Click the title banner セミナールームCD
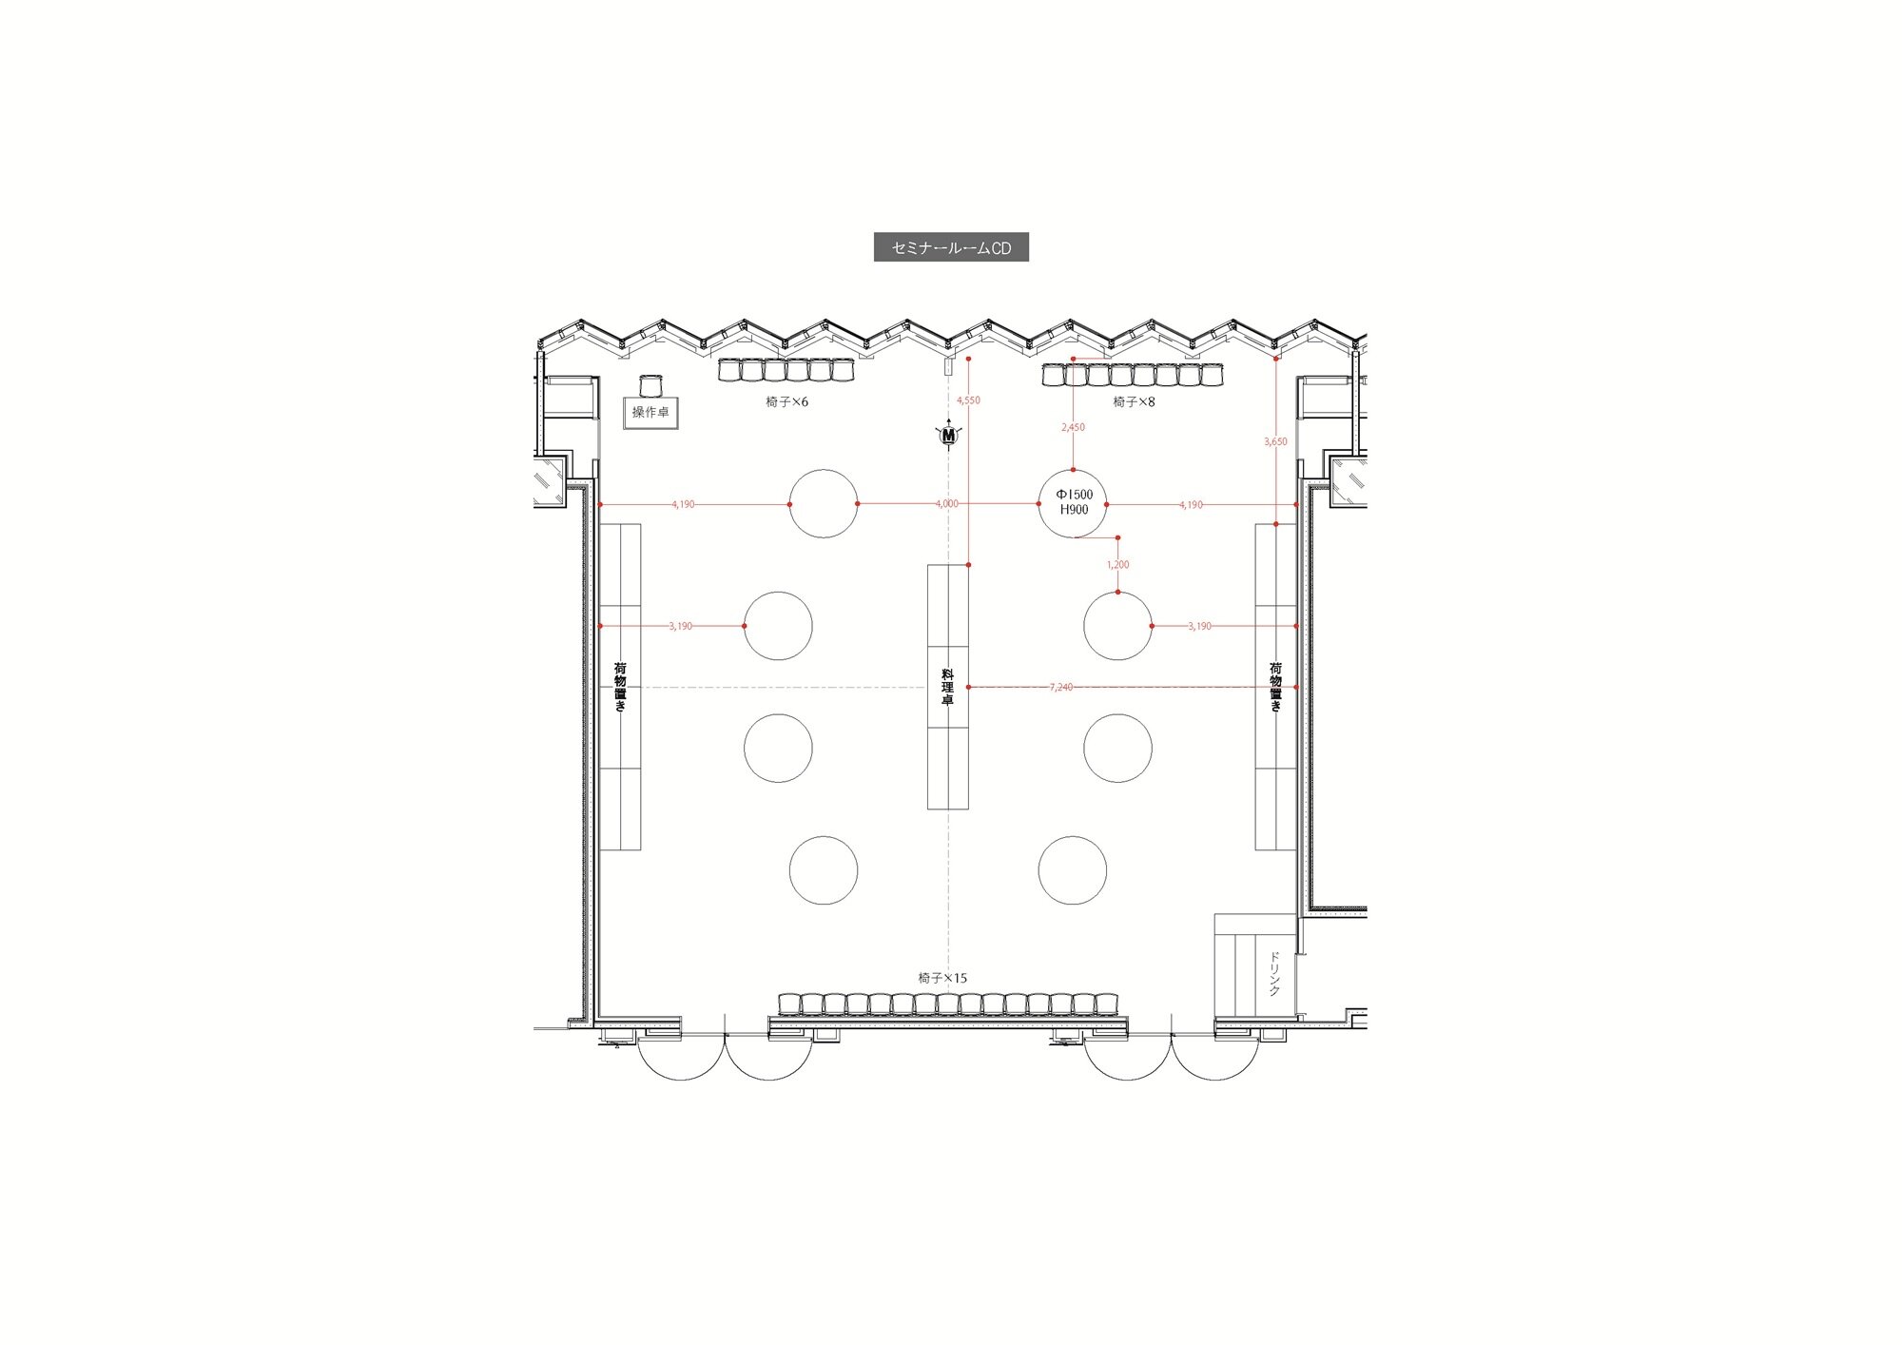tap(951, 247)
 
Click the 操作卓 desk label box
tap(650, 412)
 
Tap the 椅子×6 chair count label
tap(786, 402)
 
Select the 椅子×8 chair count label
tap(1134, 402)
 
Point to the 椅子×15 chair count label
tap(942, 978)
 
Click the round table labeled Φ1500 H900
tap(1073, 503)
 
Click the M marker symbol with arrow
tap(948, 435)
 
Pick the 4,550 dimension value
tap(968, 400)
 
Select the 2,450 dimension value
tap(1073, 427)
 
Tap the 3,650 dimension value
tap(1275, 441)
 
